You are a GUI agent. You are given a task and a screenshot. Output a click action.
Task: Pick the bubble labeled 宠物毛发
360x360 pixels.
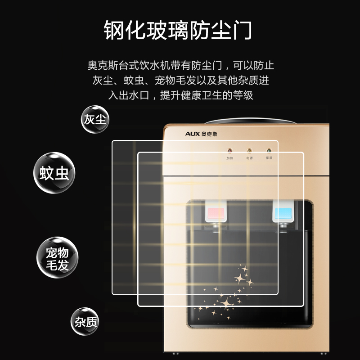click(x=57, y=259)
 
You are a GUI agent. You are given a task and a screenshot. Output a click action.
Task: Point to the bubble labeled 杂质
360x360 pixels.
click(x=85, y=321)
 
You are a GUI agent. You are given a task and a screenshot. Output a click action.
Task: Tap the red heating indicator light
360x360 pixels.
click(x=229, y=151)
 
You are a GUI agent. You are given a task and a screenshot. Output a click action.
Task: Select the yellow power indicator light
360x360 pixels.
click(x=249, y=151)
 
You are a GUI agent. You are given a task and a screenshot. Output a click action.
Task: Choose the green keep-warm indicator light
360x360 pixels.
click(x=269, y=151)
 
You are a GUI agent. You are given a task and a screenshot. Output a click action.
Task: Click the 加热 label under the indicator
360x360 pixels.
click(x=229, y=158)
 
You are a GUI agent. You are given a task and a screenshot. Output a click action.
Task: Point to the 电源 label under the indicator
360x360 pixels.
click(x=249, y=158)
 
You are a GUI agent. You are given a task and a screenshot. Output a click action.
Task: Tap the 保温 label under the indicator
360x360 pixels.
click(x=269, y=158)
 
